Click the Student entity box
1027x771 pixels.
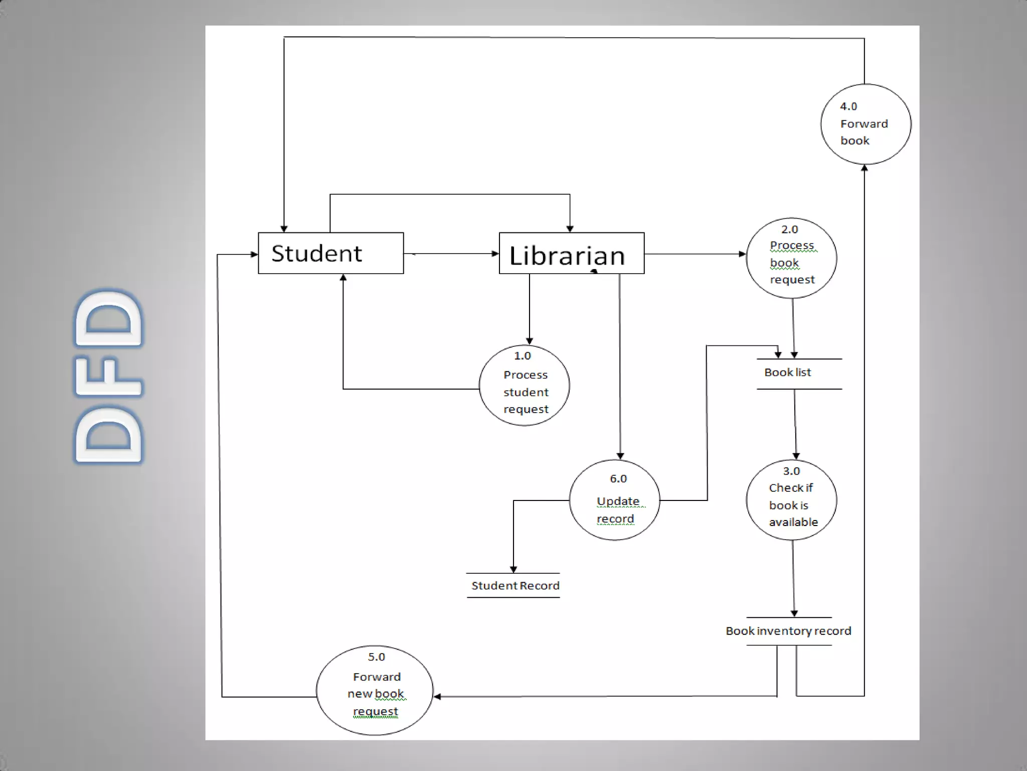point(330,253)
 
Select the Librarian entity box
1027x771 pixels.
point(571,253)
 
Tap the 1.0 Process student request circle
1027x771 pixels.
point(524,385)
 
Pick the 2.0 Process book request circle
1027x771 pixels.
point(791,258)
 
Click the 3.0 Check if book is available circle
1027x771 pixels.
point(791,500)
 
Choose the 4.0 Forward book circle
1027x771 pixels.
point(866,124)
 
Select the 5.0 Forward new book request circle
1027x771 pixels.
point(375,690)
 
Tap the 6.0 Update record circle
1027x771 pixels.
point(614,500)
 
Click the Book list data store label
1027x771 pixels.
point(787,372)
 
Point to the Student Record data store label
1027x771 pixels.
point(515,586)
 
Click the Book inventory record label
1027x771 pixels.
point(788,631)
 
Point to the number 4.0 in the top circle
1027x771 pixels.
point(848,106)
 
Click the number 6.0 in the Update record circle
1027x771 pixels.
point(618,479)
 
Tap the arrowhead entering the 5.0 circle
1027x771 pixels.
point(437,696)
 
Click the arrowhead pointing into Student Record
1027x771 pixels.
point(513,569)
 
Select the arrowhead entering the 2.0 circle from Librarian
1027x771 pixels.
point(742,254)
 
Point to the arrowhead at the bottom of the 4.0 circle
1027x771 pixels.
point(865,168)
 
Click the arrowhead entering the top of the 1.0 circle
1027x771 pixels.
point(530,341)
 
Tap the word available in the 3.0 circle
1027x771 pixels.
point(793,522)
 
